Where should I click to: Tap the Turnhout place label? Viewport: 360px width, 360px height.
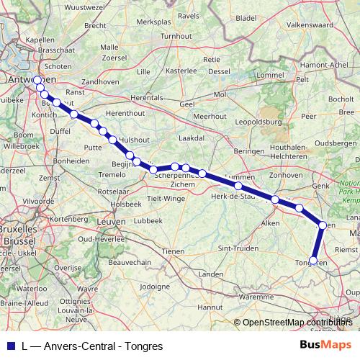coord(176,35)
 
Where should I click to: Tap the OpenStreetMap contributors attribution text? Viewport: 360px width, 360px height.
coord(298,323)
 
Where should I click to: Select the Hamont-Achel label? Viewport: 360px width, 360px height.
coord(334,65)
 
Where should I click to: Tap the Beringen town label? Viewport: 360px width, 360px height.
coord(250,151)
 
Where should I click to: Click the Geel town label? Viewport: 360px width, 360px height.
coord(187,104)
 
